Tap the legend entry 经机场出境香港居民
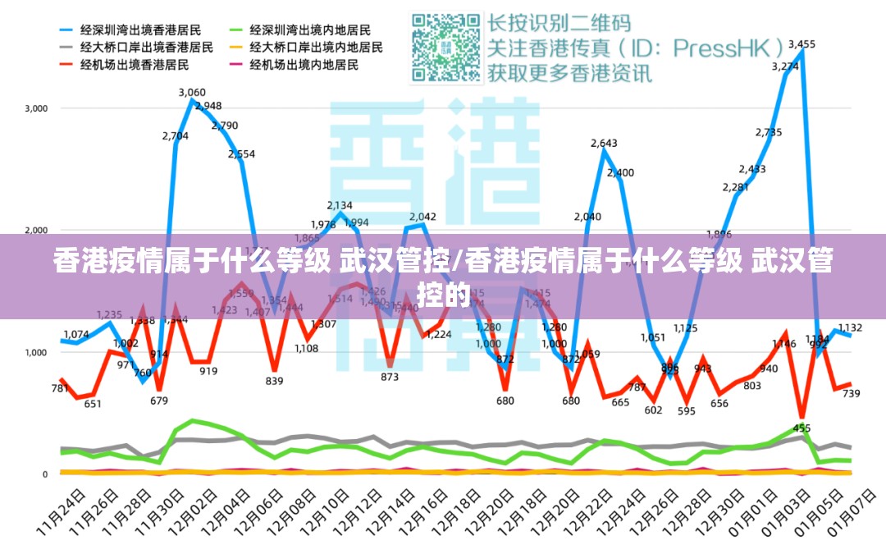coord(135,64)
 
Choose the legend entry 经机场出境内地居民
coord(304,64)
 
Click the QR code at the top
coord(447,47)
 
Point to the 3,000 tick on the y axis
coord(37,108)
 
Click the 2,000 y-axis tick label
coord(37,231)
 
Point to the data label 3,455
coord(802,44)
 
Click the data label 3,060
coord(192,93)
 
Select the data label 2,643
coord(604,144)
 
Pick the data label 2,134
coord(340,205)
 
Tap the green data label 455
coord(802,428)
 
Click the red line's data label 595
coord(686,412)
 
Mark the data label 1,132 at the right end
coord(849,328)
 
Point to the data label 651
coord(93,404)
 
